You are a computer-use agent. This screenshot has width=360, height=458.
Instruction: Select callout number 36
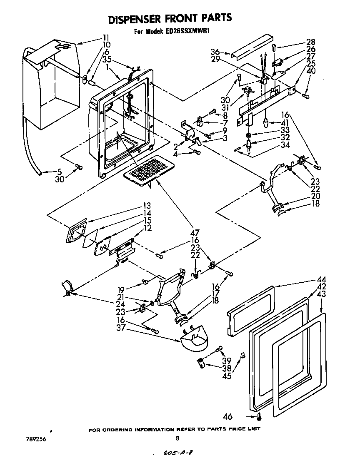(x=215, y=52)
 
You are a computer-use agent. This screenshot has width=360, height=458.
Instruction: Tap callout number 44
(x=321, y=279)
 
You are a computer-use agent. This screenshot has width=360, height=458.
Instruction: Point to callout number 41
(x=285, y=123)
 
